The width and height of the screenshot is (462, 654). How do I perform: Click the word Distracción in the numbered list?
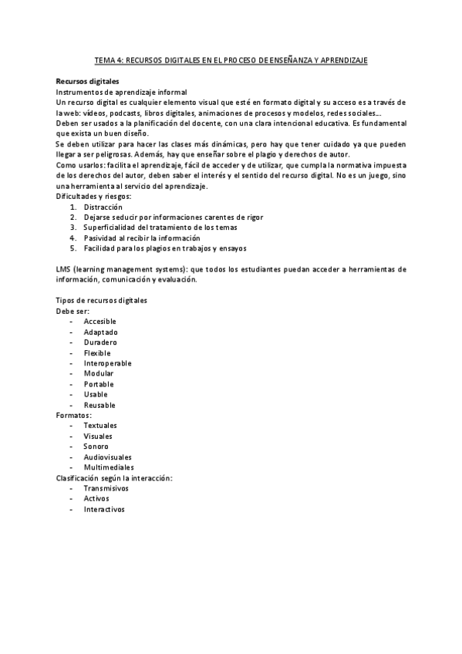pyautogui.click(x=103, y=207)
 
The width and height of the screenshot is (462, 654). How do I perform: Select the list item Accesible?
pyautogui.click(x=100, y=321)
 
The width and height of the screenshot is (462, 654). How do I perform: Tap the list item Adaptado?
pyautogui.click(x=100, y=332)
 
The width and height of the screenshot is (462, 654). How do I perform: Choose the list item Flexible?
pyautogui.click(x=97, y=352)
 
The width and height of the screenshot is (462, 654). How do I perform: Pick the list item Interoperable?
pyautogui.click(x=107, y=362)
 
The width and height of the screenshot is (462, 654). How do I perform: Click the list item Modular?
pyautogui.click(x=98, y=373)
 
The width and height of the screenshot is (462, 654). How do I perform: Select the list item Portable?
pyautogui.click(x=98, y=384)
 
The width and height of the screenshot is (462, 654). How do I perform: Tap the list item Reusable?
pyautogui.click(x=99, y=405)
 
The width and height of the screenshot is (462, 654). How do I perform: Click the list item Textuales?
pyautogui.click(x=100, y=425)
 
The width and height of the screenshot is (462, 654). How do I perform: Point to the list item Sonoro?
pyautogui.click(x=96, y=446)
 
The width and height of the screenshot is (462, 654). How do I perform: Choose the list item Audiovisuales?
pyautogui.click(x=107, y=457)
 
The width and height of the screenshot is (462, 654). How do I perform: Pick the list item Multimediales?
pyautogui.click(x=108, y=467)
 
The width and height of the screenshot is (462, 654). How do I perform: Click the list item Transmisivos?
pyautogui.click(x=106, y=488)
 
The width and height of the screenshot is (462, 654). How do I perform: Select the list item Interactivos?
pyautogui.click(x=104, y=509)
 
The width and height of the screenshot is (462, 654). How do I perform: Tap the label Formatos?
pyautogui.click(x=74, y=415)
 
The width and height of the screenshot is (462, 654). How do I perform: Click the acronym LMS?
pyautogui.click(x=64, y=268)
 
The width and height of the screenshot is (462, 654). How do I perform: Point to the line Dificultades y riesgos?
pyautogui.click(x=93, y=196)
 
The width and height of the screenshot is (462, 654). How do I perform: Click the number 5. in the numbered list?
pyautogui.click(x=73, y=248)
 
